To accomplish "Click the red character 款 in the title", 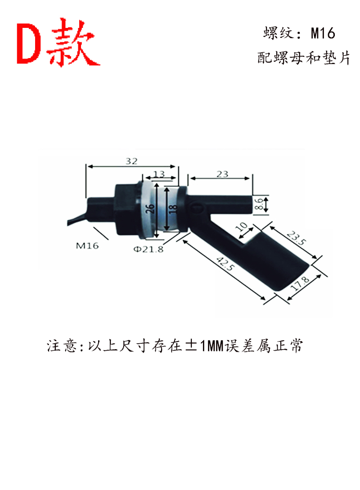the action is [x=73, y=42].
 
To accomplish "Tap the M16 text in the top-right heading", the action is [x=323, y=33].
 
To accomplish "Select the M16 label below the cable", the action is [x=87, y=246].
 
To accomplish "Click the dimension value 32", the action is [x=131, y=161].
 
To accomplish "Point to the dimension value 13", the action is [x=159, y=174].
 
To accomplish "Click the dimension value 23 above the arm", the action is [x=222, y=174].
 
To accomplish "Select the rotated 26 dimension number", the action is [x=150, y=208].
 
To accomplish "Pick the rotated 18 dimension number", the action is [x=173, y=208].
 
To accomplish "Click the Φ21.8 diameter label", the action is [x=148, y=249].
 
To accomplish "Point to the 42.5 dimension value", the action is [x=225, y=263].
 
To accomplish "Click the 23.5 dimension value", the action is [x=297, y=238].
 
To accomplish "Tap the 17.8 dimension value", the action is [x=300, y=283].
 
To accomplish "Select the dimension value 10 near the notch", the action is [x=242, y=226].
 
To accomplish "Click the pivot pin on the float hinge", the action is [x=197, y=208].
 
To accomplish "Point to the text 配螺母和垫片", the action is [x=303, y=58].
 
